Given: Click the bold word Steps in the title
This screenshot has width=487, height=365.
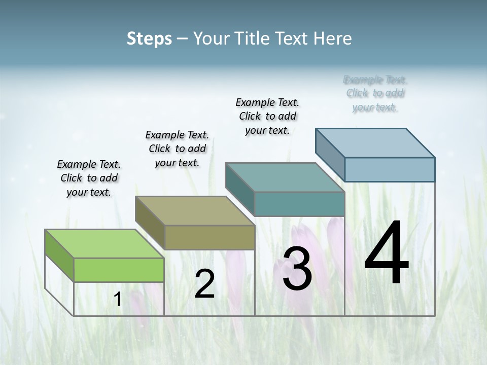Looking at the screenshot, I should (149, 39).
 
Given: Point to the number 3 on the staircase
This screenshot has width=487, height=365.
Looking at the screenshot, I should (297, 269).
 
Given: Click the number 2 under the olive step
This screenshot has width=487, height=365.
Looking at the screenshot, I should (204, 284).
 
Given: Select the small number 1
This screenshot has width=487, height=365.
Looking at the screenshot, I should (117, 300).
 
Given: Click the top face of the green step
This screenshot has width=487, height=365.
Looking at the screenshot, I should (105, 244).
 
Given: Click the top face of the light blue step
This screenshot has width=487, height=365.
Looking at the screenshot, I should (375, 143).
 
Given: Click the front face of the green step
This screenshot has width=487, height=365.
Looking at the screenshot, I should (119, 270).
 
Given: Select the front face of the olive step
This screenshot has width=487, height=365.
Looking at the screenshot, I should (210, 237).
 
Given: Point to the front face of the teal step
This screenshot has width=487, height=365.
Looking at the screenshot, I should (299, 204).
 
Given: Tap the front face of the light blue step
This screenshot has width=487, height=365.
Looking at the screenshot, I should (390, 169).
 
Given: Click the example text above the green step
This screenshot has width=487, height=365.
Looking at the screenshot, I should (89, 178).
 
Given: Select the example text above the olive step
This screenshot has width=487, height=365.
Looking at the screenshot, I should (177, 149).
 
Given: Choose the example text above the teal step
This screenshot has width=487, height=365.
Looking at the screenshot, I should (267, 116).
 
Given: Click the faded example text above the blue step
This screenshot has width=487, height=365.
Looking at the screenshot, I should (375, 93).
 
